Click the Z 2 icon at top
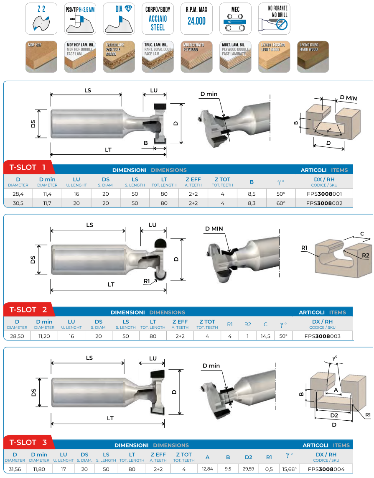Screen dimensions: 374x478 41,18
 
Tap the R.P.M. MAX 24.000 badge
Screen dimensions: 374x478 196,18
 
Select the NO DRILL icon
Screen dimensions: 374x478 274,18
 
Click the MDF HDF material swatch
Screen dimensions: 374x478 41,57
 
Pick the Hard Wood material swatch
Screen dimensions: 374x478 313,57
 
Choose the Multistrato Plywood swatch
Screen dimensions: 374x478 196,57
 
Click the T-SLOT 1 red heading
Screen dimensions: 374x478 28,167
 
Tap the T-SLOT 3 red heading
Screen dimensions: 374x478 29,442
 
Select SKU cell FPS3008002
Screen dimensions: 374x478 324,203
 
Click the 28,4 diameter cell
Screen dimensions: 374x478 18,194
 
